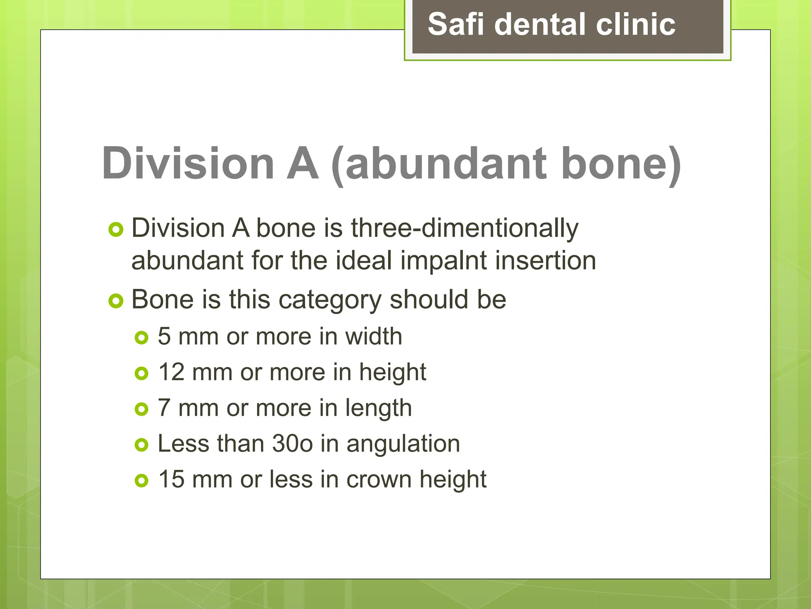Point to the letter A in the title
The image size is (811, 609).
click(303, 163)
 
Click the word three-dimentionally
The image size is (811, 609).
click(465, 229)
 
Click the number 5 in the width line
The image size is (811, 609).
click(164, 337)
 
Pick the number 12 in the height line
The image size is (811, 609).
click(171, 372)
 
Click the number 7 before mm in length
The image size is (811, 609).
click(164, 408)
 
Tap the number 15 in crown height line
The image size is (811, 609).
click(171, 479)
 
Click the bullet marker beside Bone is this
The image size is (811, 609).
click(116, 301)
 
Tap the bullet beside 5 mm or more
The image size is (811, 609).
click(141, 338)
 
